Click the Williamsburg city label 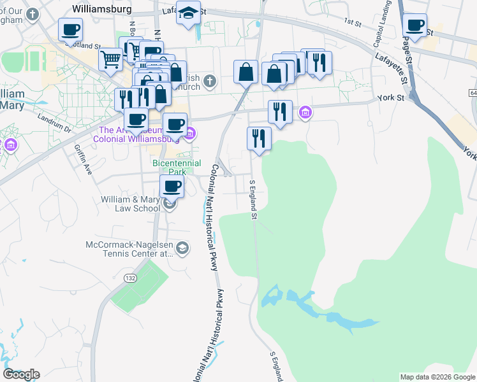(x=102, y=9)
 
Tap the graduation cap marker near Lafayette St (x=188, y=14)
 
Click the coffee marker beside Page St (x=415, y=25)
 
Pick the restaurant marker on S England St (x=259, y=138)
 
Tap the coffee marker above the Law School (x=172, y=186)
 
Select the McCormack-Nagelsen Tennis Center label (x=129, y=249)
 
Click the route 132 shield (x=131, y=278)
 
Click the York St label (x=391, y=99)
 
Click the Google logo (x=21, y=374)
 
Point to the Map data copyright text (x=437, y=377)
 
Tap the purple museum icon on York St (x=305, y=113)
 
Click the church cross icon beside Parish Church (x=210, y=81)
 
